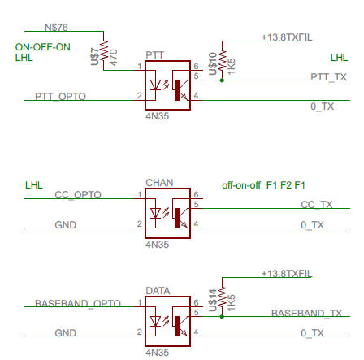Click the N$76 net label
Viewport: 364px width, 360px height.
(56, 28)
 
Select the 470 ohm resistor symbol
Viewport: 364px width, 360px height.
(104, 50)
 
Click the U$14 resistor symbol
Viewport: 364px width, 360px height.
(222, 297)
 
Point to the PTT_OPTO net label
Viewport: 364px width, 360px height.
(60, 97)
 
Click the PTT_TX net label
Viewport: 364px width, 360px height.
(328, 76)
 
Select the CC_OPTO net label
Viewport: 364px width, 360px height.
(78, 195)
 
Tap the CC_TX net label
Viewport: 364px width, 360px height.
(317, 205)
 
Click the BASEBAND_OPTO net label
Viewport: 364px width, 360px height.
(78, 303)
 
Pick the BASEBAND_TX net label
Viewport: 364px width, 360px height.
(306, 314)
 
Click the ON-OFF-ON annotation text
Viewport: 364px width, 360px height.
(43, 47)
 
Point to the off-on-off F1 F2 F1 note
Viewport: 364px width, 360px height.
(263, 185)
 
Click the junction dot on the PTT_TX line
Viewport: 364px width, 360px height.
(222, 80)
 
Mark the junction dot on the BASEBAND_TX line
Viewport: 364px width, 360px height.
(222, 316)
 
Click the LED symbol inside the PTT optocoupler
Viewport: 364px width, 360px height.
(155, 85)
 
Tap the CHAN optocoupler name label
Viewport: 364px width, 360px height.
(159, 183)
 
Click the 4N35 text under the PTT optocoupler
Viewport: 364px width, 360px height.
(158, 116)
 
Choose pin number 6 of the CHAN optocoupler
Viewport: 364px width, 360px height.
(196, 194)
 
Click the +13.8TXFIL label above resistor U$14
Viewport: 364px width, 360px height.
(287, 274)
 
